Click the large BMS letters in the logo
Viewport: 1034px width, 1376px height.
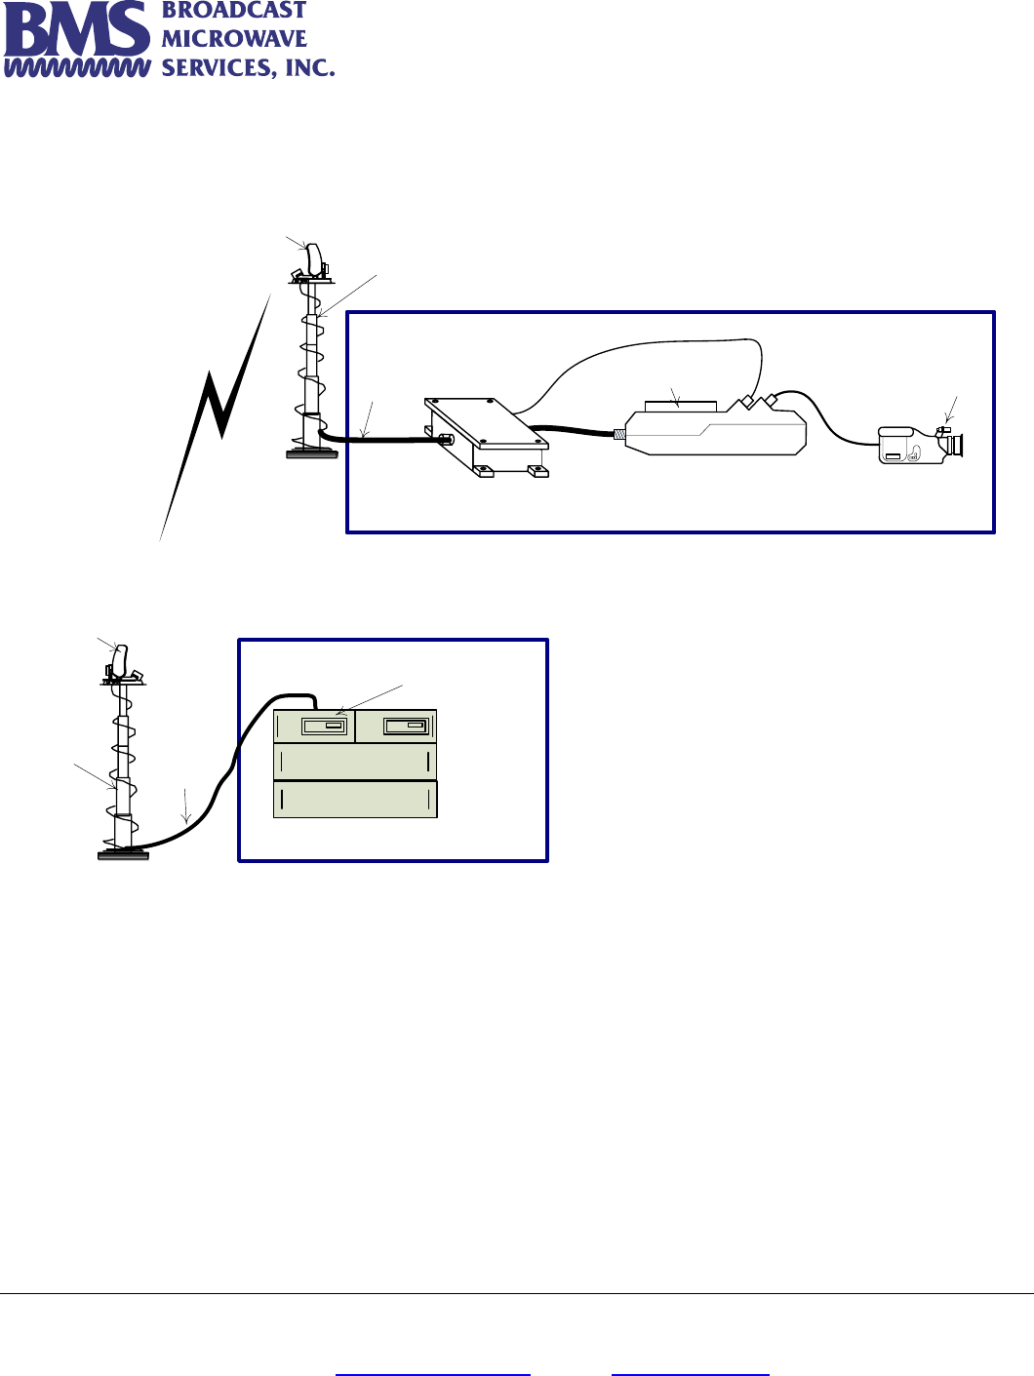[76, 31]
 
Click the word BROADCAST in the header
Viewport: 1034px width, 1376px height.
[233, 11]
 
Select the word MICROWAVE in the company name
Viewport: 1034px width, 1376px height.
[233, 39]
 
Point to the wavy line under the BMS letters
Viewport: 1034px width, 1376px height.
[76, 68]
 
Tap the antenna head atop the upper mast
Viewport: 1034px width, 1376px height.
[314, 258]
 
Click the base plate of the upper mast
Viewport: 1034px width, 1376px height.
[312, 452]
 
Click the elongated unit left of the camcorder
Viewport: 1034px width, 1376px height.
[715, 432]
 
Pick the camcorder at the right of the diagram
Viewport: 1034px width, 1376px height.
[917, 444]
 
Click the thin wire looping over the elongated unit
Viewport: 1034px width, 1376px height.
[663, 342]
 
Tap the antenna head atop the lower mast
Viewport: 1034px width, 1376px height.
[121, 661]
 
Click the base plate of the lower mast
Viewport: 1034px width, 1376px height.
[123, 854]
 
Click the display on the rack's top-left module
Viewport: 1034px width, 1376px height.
[324, 727]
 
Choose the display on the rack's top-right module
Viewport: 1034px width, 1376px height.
[406, 727]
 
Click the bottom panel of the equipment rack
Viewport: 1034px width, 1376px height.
[355, 800]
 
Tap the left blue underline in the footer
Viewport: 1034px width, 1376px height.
[432, 1374]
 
